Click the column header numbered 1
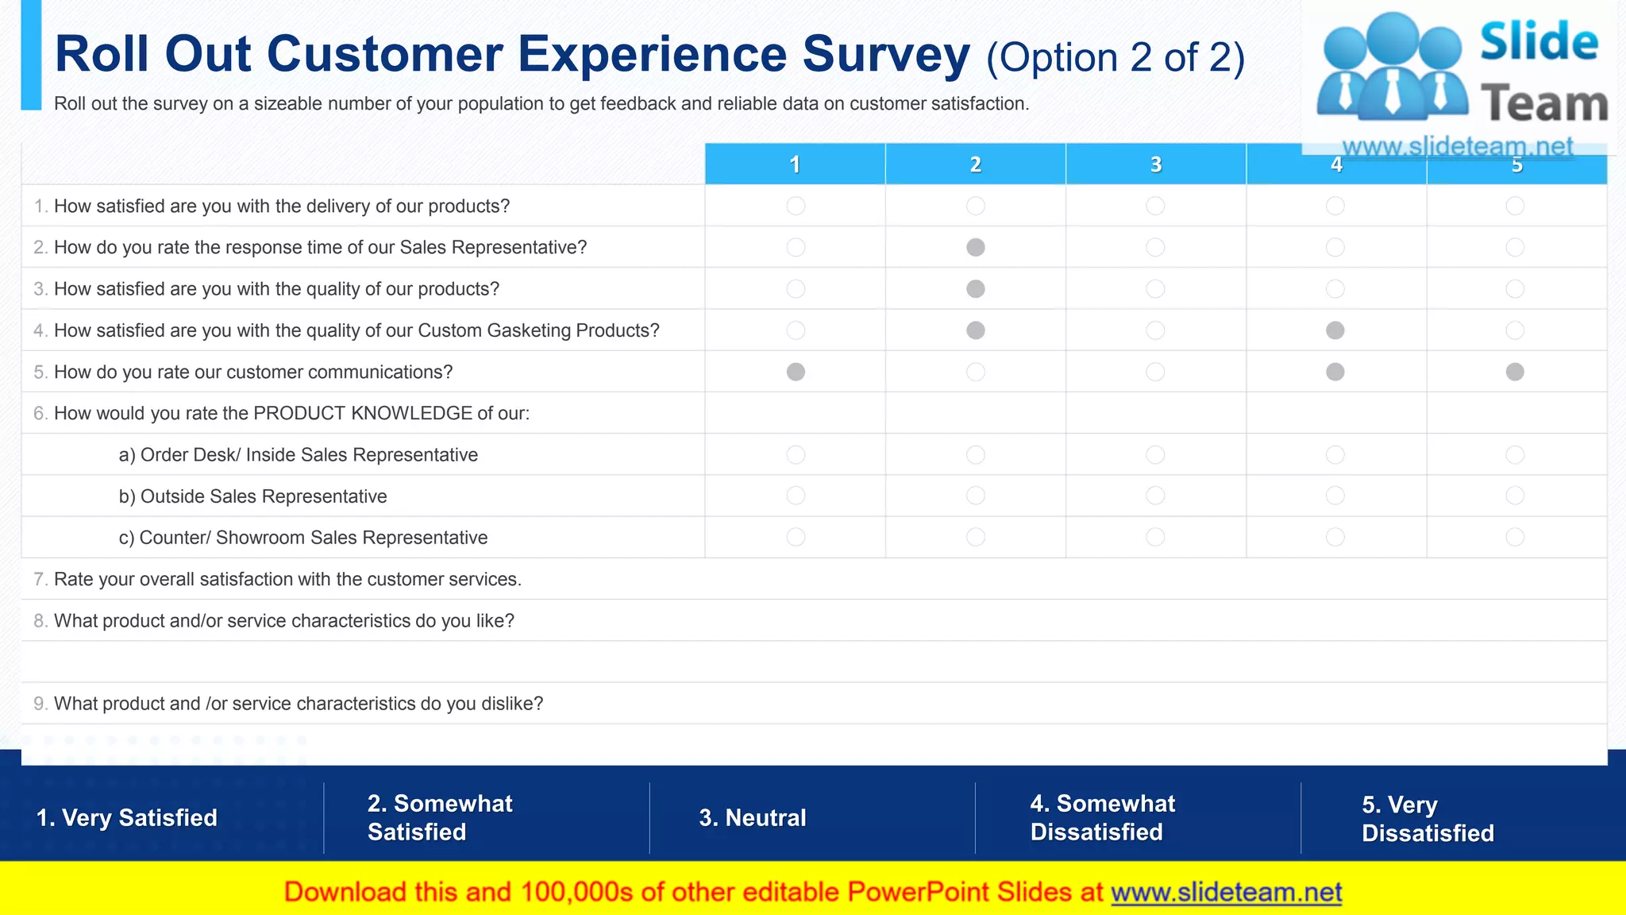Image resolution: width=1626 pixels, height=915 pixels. tap(795, 164)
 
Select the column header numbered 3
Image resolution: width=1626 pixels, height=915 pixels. tap(1156, 164)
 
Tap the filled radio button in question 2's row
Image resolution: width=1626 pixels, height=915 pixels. tap(976, 247)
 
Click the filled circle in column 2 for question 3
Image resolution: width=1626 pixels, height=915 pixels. tap(976, 289)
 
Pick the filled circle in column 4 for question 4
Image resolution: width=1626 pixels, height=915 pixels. tap(1335, 330)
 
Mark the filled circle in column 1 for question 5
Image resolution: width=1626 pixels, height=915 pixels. tap(796, 372)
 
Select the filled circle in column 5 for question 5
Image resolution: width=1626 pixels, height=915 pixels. tap(1515, 372)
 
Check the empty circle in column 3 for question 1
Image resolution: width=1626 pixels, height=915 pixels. tap(1155, 206)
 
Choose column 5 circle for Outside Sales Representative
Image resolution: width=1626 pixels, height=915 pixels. tap(1515, 496)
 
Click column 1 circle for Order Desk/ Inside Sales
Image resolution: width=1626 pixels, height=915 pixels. tap(796, 454)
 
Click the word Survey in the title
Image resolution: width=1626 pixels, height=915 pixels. tap(886, 54)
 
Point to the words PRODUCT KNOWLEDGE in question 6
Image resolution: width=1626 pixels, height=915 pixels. tap(363, 413)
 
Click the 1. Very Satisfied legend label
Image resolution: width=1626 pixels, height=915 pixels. tap(127, 817)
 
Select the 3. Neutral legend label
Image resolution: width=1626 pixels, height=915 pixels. tap(752, 817)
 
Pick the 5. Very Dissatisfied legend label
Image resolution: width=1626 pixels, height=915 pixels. tap(1428, 819)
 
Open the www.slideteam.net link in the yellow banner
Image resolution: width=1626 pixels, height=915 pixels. tap(1226, 892)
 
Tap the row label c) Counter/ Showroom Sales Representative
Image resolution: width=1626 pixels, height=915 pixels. tap(303, 538)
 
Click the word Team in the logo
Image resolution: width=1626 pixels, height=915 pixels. tap(1543, 104)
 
